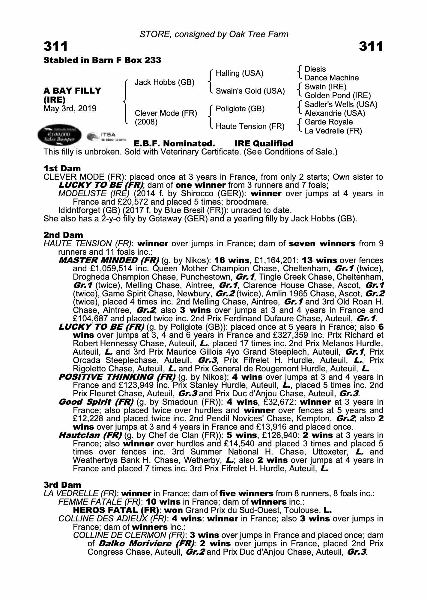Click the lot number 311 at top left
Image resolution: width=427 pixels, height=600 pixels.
coord(56,46)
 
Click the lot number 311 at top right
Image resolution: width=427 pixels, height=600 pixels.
coord(371,46)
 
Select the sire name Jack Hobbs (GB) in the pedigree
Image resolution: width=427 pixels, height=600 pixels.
coord(164,82)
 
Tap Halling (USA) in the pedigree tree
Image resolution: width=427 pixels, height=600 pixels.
coord(239,73)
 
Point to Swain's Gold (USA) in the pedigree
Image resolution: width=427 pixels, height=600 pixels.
coord(250,91)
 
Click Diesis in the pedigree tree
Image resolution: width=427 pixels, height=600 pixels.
coord(315,69)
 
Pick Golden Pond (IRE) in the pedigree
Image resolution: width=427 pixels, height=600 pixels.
coord(338,95)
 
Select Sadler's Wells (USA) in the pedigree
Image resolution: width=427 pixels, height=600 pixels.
coord(341,104)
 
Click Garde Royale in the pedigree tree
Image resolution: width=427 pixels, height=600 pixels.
coord(328,122)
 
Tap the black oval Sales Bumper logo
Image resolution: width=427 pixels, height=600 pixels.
coord(59,135)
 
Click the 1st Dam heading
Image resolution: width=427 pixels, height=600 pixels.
coord(62,168)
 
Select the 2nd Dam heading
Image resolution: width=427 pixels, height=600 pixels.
coord(63,235)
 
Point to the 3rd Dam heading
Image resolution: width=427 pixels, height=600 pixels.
coord(62,485)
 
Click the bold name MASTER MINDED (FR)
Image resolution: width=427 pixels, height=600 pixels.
coord(109,260)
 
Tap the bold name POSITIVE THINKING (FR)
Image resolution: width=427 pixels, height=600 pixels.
coord(117,377)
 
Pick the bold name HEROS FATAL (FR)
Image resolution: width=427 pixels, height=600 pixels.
coord(116,510)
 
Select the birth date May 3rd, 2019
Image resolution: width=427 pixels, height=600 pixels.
coord(70,108)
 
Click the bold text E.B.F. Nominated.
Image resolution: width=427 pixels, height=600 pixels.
coord(174,143)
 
